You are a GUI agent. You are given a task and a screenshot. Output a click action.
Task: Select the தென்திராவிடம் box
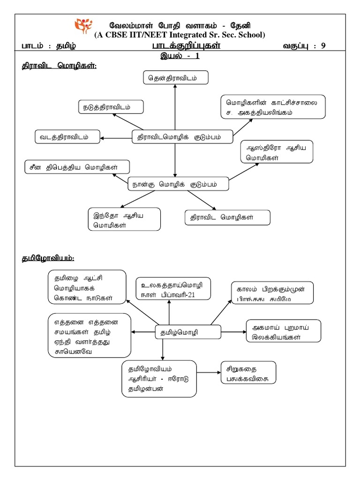[175, 78]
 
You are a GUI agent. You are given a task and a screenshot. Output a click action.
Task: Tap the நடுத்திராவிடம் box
[111, 107]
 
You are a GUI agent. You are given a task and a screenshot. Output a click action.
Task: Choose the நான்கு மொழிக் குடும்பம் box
[179, 184]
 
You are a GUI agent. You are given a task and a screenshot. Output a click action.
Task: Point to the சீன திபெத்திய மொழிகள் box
[77, 166]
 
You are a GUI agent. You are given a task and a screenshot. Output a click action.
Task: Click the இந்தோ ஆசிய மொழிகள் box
[124, 219]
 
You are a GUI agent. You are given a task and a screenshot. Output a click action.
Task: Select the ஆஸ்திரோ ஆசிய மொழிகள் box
[276, 152]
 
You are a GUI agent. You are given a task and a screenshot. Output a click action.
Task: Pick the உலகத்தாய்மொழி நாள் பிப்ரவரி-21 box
[173, 291]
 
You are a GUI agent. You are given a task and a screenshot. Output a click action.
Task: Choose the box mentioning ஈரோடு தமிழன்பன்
[159, 378]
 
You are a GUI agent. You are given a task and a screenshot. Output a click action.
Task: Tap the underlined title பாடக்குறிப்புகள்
[186, 46]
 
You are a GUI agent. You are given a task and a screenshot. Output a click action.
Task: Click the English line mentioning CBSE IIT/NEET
[180, 35]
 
